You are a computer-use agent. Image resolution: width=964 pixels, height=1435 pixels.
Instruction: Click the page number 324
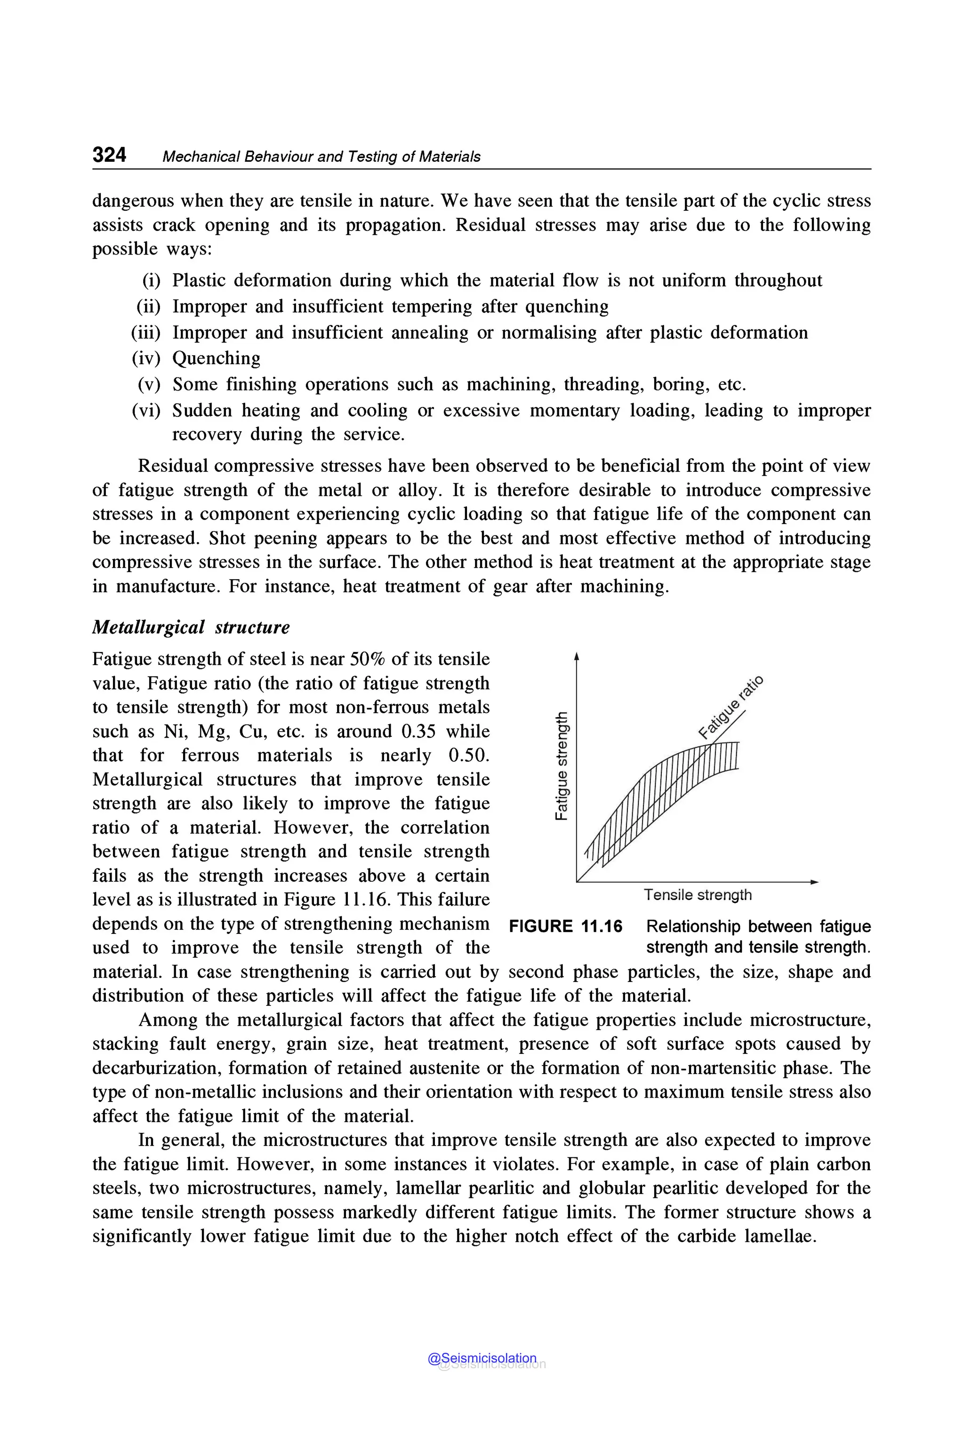[109, 154]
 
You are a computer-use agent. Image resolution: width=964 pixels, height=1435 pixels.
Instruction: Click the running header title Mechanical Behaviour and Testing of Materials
[321, 157]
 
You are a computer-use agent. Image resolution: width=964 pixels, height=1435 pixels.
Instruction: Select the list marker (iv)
[146, 359]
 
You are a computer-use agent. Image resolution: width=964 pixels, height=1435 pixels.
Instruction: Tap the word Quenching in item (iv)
[216, 359]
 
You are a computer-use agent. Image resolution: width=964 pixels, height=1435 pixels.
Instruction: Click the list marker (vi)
[146, 411]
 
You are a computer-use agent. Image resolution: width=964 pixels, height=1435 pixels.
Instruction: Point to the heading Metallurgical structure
[191, 628]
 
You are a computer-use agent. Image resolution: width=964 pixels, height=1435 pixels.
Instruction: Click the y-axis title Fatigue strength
[561, 765]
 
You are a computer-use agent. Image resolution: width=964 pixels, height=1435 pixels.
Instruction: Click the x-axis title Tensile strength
[698, 895]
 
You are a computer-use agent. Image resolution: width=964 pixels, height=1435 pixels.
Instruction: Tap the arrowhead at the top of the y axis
[576, 657]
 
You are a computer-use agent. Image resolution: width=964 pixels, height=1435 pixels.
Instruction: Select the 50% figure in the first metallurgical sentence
[368, 660]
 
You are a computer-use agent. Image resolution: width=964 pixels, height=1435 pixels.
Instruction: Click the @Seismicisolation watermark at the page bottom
[482, 1358]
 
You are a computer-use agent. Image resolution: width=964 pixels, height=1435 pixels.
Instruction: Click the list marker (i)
[151, 281]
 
